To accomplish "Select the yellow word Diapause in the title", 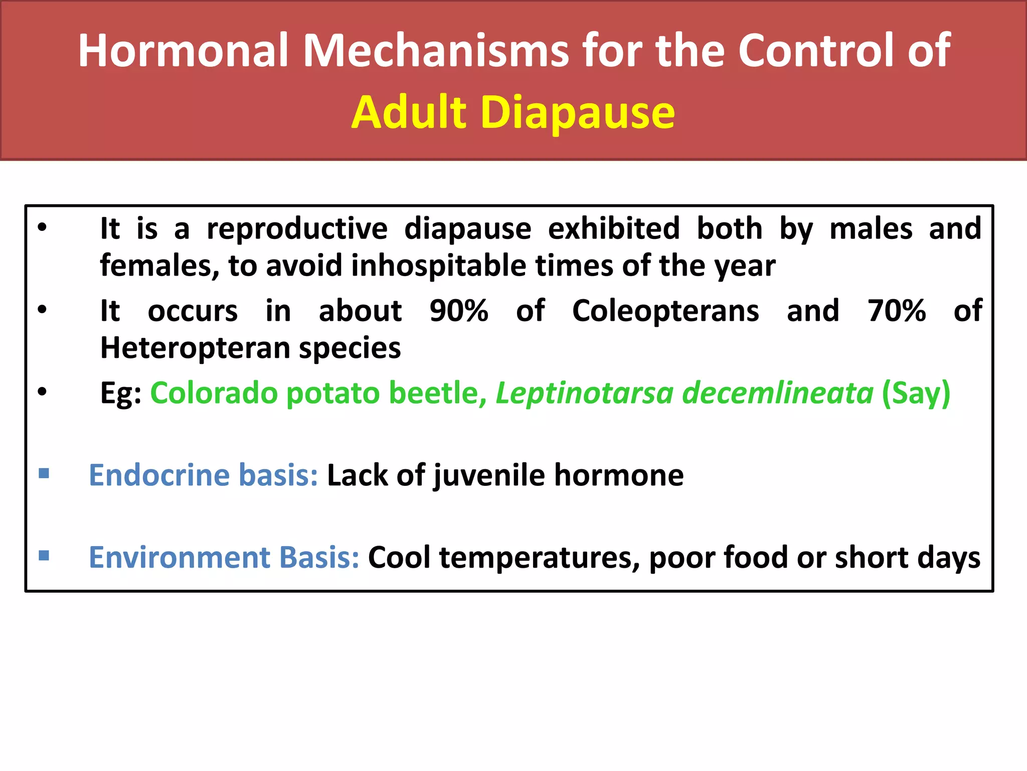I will pos(577,112).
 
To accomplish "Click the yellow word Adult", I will pos(409,112).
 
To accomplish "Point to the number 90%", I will pos(459,311).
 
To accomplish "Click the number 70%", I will pos(897,311).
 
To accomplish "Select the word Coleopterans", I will pos(665,311).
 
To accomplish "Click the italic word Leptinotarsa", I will pos(584,393).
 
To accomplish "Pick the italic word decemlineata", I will pos(778,393).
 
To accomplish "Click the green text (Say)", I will pos(916,393).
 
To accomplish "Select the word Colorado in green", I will pos(214,393).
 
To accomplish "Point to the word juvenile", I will pos(489,476).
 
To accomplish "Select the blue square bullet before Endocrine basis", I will pos(44,473).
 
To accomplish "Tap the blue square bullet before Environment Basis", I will pos(44,556).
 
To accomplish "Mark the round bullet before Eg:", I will pos(42,392).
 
